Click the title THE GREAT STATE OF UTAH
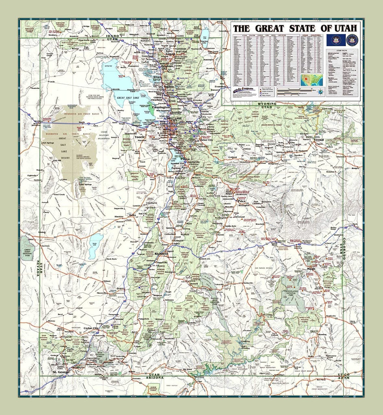[295, 28]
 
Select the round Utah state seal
[351, 40]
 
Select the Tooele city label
[140, 137]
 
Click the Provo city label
[185, 160]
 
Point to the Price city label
[242, 201]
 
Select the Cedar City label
[91, 328]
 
